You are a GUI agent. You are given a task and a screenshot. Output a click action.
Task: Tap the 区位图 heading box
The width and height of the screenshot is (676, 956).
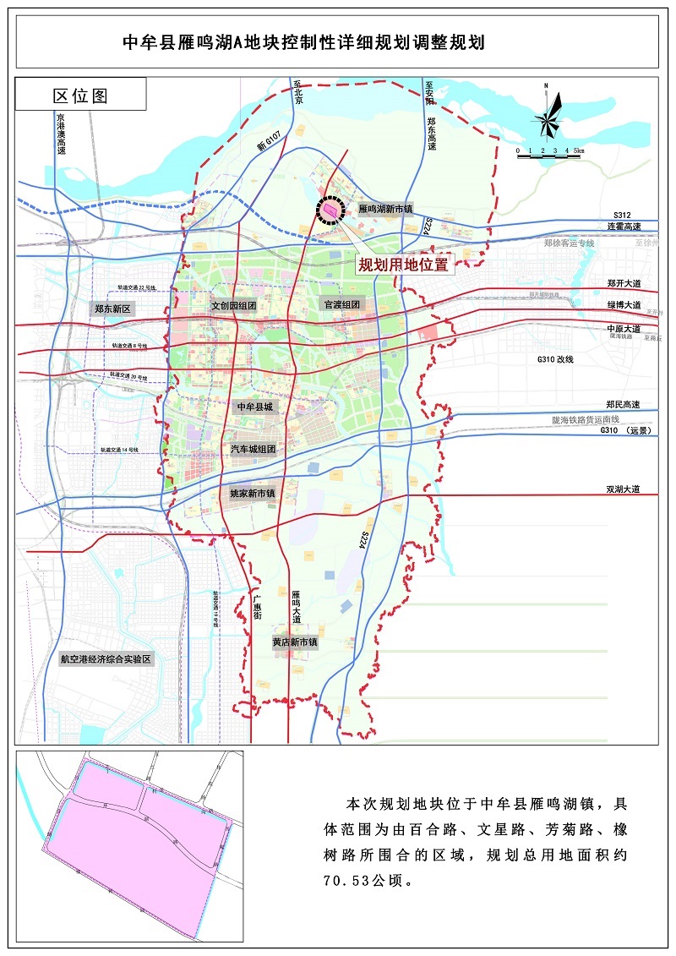(x=81, y=95)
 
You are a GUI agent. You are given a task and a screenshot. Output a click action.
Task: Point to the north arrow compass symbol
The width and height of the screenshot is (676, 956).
(x=548, y=114)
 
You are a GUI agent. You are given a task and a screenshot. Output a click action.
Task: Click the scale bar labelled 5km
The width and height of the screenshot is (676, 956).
(x=550, y=155)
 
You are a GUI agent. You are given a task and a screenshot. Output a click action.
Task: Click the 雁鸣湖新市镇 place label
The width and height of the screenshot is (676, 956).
(x=385, y=208)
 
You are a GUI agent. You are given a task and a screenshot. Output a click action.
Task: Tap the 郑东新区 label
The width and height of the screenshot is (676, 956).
(x=112, y=309)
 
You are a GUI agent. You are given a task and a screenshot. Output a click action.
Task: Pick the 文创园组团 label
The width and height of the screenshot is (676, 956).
(x=234, y=305)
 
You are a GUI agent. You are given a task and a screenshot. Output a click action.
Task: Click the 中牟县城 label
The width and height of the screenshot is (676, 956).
(x=255, y=407)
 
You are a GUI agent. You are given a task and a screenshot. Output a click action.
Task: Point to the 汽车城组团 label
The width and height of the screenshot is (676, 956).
(x=253, y=449)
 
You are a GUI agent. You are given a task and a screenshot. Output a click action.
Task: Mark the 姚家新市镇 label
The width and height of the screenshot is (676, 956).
(x=253, y=492)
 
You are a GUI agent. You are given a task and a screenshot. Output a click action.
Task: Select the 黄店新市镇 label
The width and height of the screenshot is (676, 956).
(x=295, y=642)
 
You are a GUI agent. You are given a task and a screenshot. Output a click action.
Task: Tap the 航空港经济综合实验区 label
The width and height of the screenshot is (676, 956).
(x=105, y=658)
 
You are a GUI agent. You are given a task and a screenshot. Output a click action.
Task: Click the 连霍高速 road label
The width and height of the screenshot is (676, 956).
(x=624, y=227)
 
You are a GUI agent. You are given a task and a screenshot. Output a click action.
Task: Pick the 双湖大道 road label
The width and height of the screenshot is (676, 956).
(x=623, y=489)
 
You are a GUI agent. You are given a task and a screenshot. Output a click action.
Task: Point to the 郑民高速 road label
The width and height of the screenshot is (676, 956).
(x=623, y=405)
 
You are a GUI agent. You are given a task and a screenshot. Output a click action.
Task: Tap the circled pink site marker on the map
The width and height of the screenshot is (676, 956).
(x=329, y=208)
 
